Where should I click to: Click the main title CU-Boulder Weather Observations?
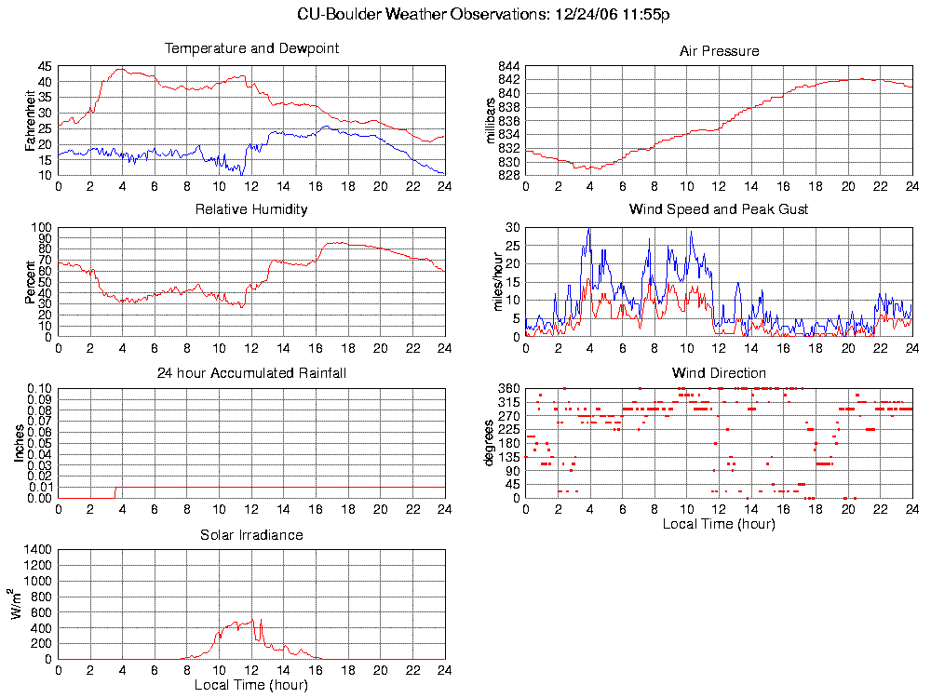[x=484, y=14]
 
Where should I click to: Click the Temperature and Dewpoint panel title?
[x=251, y=48]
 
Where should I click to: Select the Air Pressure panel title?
[x=719, y=51]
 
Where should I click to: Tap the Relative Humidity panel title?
[x=251, y=209]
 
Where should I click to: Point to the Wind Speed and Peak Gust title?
[x=719, y=209]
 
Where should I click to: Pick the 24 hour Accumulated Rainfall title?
[x=251, y=373]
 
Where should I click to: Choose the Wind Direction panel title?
[x=719, y=373]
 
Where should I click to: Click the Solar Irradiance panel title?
[x=251, y=535]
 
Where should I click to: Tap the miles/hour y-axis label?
[x=496, y=282]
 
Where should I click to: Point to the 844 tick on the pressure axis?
[x=509, y=67]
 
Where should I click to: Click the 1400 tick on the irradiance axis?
[x=37, y=550]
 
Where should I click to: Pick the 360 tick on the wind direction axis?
[x=509, y=388]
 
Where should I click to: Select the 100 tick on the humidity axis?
[x=42, y=227]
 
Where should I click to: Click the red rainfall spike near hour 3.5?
[x=115, y=491]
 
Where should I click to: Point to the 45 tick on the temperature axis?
[x=46, y=67]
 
